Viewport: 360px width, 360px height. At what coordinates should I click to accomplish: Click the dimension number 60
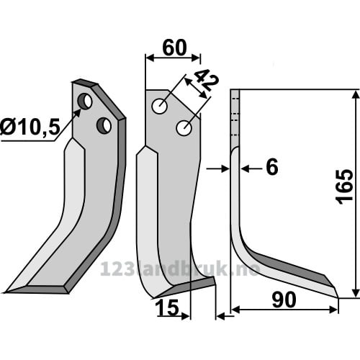coord(174,48)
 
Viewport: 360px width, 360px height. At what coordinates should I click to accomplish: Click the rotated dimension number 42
coord(207,80)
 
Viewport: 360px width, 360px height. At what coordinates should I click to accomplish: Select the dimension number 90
coord(284,300)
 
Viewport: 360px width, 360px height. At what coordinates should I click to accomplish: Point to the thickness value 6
coord(272,167)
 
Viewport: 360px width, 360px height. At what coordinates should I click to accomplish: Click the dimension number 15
coord(167,307)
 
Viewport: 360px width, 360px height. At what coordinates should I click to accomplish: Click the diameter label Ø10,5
coord(30,127)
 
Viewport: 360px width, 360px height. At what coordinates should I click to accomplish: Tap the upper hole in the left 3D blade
coord(85,102)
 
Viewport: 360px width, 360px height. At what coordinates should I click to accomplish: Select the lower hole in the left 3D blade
coord(104,125)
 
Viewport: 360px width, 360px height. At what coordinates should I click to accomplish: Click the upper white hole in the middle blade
coord(160,106)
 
